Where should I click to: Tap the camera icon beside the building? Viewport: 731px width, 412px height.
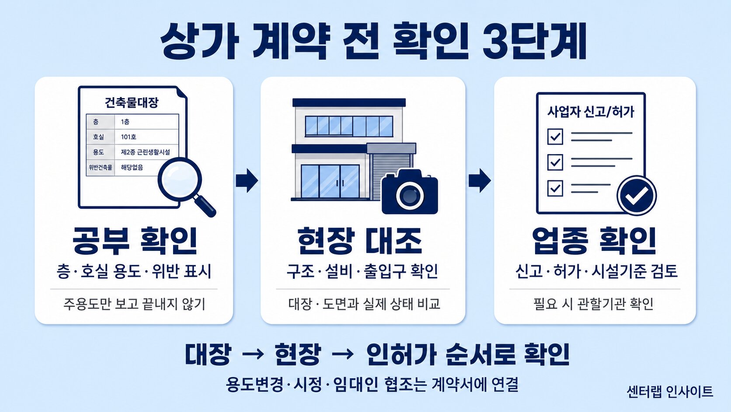click(x=410, y=192)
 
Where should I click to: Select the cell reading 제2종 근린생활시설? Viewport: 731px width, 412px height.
click(x=146, y=152)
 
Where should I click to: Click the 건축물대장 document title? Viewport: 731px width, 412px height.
click(x=131, y=102)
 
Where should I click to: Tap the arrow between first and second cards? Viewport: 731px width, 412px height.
click(x=247, y=180)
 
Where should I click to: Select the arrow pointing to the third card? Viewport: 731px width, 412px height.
click(x=480, y=180)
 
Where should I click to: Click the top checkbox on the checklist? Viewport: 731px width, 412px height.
click(x=555, y=137)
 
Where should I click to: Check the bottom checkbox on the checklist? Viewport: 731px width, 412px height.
click(x=555, y=188)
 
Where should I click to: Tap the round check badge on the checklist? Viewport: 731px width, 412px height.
click(x=637, y=196)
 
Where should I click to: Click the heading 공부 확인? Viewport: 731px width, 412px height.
click(x=135, y=241)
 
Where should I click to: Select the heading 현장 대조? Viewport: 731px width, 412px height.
click(x=360, y=241)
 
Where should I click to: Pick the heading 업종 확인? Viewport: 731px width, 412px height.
click(x=594, y=241)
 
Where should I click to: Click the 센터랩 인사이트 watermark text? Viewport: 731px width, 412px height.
click(x=670, y=392)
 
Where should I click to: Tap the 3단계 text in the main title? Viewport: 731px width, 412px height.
click(x=534, y=42)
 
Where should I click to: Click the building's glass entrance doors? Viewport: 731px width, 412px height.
click(x=330, y=181)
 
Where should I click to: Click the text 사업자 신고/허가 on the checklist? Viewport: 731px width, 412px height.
click(x=591, y=112)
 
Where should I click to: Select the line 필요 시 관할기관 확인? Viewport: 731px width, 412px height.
click(x=593, y=304)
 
